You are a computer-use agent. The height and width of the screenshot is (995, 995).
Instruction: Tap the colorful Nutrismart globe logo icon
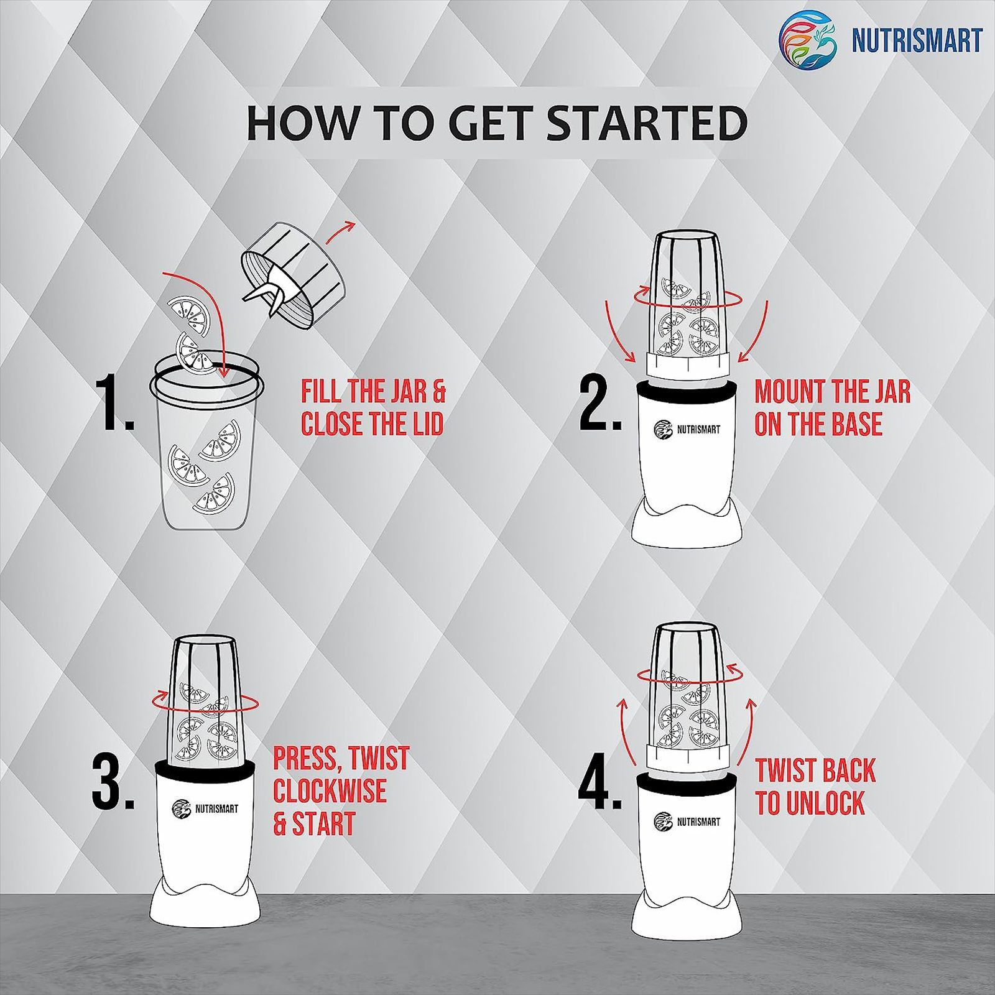point(808,39)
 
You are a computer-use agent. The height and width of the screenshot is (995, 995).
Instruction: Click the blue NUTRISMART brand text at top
point(916,40)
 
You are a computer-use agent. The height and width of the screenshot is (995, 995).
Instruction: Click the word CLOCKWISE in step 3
point(330,790)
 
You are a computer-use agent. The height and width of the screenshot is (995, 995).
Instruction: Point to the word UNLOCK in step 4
point(825,802)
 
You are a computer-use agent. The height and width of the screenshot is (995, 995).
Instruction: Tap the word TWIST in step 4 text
point(785,770)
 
